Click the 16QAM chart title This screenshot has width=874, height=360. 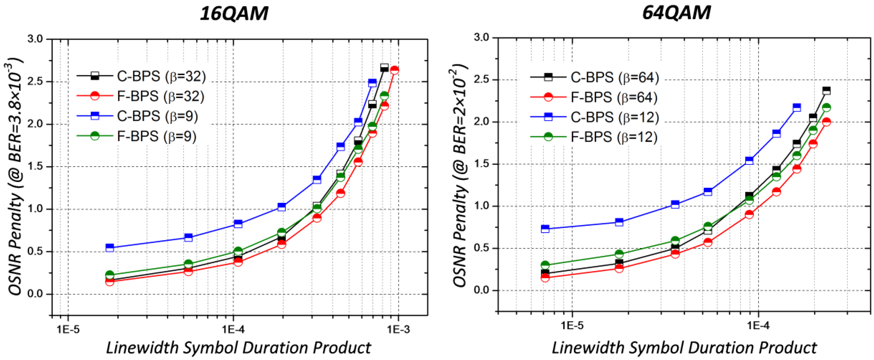(x=234, y=14)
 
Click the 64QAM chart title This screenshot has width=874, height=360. (x=676, y=13)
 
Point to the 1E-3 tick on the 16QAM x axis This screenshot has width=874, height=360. (x=398, y=329)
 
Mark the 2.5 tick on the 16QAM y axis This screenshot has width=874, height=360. (x=37, y=82)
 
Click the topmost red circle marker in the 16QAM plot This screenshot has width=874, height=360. (x=394, y=70)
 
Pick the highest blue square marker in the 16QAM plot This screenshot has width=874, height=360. (x=372, y=83)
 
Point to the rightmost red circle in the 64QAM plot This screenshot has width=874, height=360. (x=826, y=122)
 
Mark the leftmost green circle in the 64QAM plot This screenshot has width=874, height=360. (x=545, y=265)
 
